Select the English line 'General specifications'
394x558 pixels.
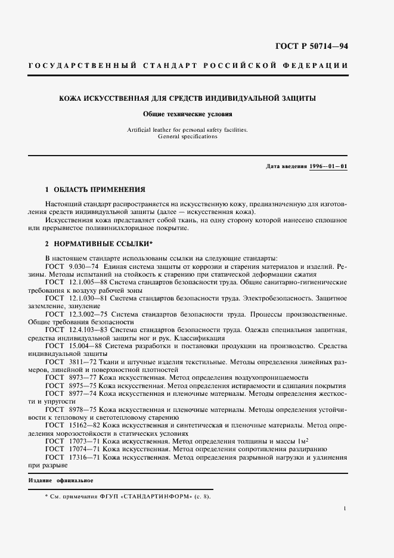tap(188, 137)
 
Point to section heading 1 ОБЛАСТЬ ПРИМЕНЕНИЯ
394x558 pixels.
tap(95, 190)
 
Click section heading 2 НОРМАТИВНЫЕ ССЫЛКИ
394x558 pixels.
tap(98, 244)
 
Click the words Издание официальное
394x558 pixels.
tap(61, 480)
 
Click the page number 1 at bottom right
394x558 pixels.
tap(345, 509)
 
